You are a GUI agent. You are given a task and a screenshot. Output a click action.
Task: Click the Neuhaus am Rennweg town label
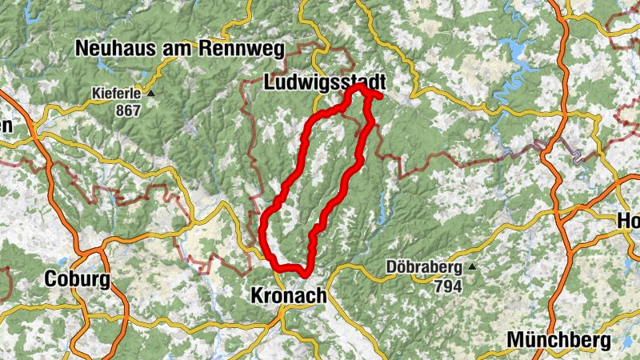point(180,50)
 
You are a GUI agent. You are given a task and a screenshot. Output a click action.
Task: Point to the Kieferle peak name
point(116,94)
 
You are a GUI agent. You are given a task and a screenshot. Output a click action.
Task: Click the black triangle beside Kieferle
point(150,94)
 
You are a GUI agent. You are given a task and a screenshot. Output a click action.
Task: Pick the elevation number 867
point(126,110)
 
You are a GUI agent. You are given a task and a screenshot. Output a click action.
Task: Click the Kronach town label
point(288,295)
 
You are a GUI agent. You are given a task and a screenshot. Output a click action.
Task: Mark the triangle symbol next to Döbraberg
point(473,267)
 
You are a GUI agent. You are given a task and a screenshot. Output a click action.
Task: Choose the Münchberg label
point(558,340)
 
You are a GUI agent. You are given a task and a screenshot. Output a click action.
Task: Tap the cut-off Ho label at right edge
point(627,222)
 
